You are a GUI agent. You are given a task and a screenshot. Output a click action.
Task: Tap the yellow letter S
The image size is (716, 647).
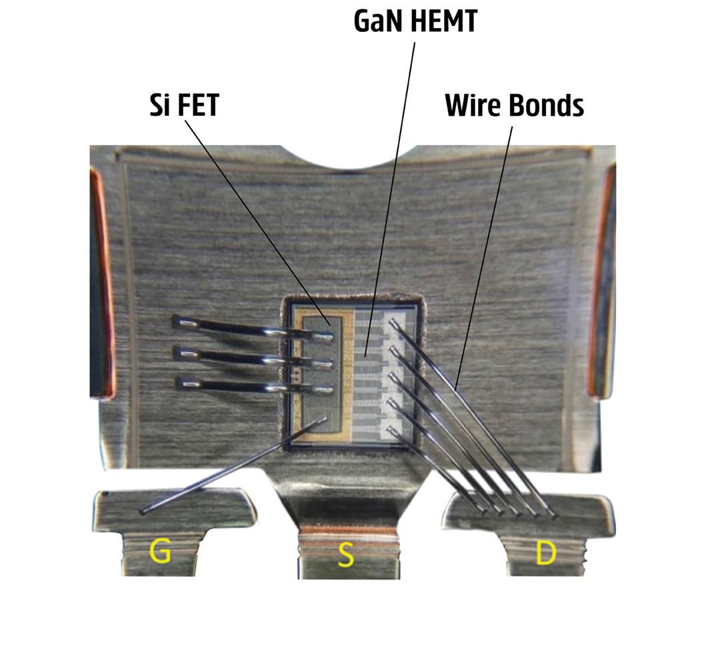click(345, 554)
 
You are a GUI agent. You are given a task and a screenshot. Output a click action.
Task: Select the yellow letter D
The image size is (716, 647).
click(545, 553)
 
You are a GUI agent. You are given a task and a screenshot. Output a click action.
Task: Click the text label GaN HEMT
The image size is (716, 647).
click(415, 21)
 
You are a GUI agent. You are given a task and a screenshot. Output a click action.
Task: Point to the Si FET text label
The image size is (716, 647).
click(184, 106)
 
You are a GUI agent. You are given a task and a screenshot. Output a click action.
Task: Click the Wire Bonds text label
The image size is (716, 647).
click(514, 105)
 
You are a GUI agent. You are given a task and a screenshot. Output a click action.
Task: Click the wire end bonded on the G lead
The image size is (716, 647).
click(143, 511)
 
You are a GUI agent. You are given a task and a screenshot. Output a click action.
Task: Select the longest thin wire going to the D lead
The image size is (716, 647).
click(473, 416)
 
